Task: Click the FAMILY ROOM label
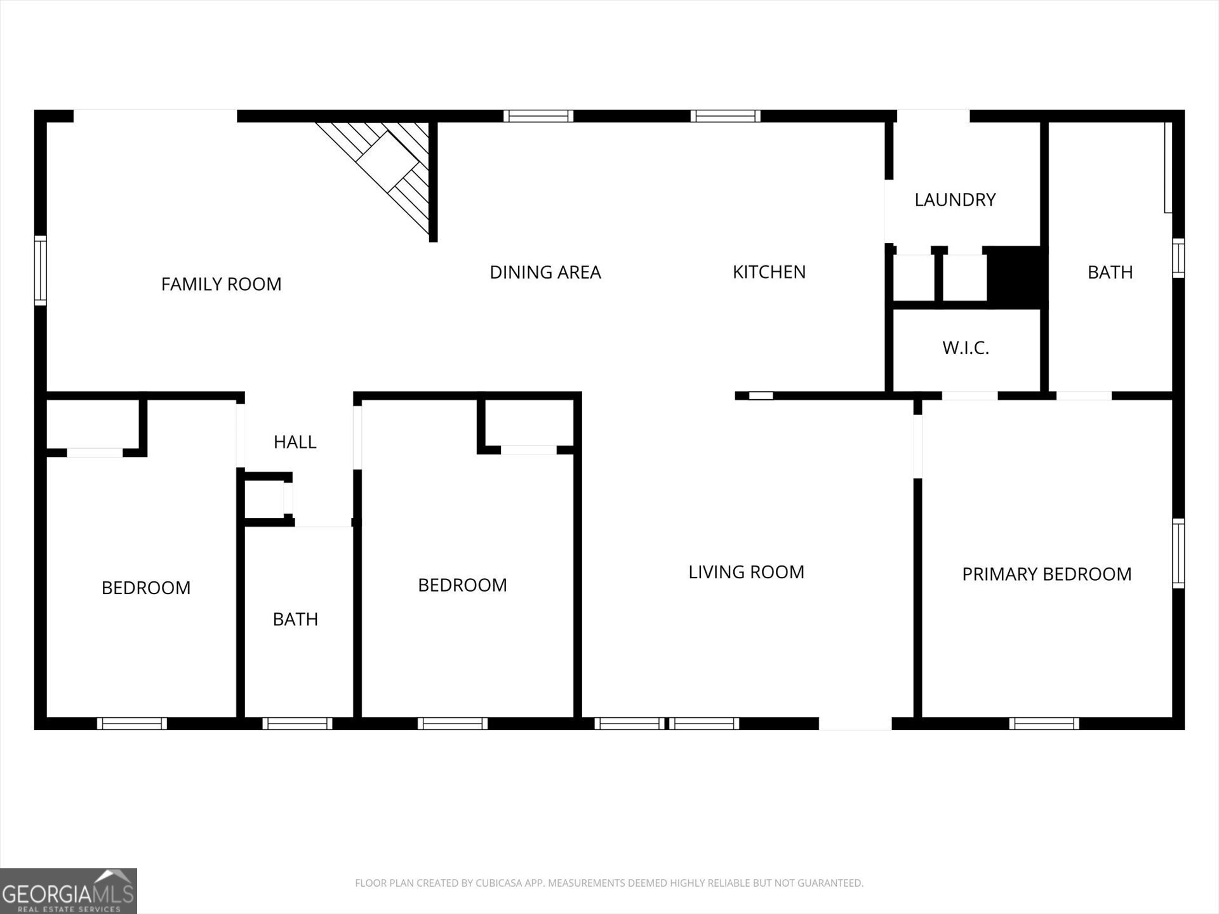pos(221,284)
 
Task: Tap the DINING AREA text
pos(545,272)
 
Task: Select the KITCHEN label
pos(769,272)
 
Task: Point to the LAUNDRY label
pos(955,199)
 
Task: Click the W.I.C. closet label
pos(965,348)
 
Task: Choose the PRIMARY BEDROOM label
pos(1046,574)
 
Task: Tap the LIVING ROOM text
pos(746,572)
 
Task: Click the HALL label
pos(295,442)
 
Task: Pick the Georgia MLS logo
pos(69,891)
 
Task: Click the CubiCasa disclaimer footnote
pos(609,883)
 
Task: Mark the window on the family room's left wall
pos(40,270)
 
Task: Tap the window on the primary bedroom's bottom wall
pos(1044,724)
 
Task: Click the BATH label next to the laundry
pos(1110,272)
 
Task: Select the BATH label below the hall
pos(295,619)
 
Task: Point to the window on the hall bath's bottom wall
pos(297,724)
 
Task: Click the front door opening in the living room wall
pos(855,724)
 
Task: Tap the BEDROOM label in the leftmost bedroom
pos(146,588)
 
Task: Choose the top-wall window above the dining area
pos(538,116)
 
